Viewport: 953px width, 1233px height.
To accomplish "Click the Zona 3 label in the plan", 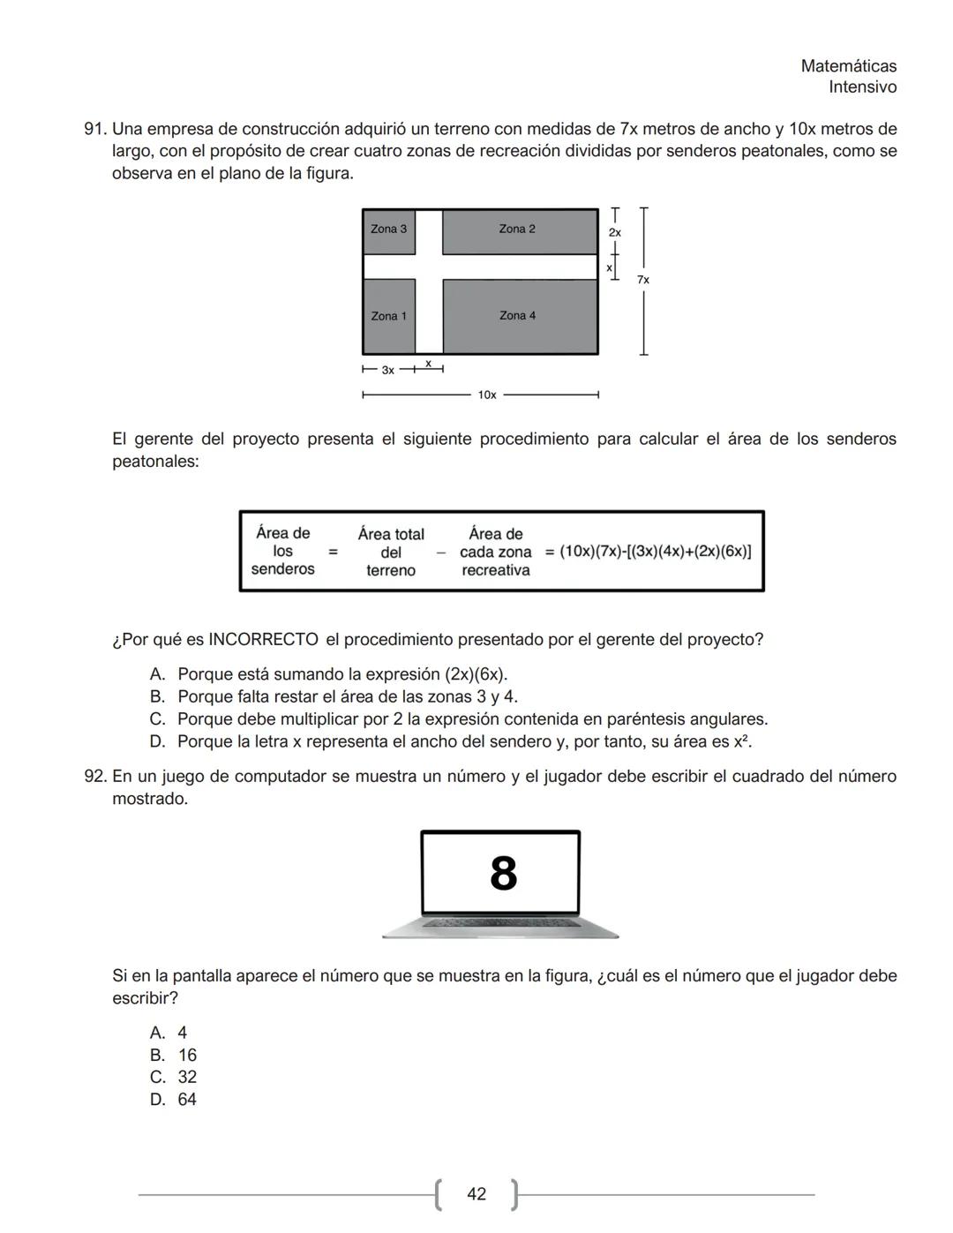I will click(388, 229).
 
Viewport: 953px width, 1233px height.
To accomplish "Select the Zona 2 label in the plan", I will click(516, 229).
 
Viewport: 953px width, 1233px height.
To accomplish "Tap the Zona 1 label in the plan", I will click(388, 316).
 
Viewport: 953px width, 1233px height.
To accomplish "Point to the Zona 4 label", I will click(517, 315).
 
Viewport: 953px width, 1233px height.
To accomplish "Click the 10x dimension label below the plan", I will click(487, 395).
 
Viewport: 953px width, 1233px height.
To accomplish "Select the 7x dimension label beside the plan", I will click(643, 280).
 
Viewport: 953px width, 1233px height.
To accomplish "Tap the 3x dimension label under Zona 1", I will click(387, 371).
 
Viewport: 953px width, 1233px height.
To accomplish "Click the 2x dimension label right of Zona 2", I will click(615, 232).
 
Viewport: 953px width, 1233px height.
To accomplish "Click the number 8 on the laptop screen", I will click(503, 874).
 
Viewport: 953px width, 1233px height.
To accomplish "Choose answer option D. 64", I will click(174, 1100).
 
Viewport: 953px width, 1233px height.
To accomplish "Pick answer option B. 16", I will click(174, 1056).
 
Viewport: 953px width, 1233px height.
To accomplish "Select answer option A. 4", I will click(169, 1033).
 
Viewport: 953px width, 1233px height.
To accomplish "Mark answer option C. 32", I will click(174, 1078).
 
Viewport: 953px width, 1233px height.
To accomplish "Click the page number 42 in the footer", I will click(476, 1194).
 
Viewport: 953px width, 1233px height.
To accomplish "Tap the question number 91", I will click(94, 130).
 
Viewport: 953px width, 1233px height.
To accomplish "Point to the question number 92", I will click(94, 777).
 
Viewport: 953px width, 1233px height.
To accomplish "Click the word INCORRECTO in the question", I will click(263, 640).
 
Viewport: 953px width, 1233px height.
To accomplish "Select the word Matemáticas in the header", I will click(848, 66).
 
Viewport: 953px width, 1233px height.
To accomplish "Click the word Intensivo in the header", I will click(862, 87).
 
